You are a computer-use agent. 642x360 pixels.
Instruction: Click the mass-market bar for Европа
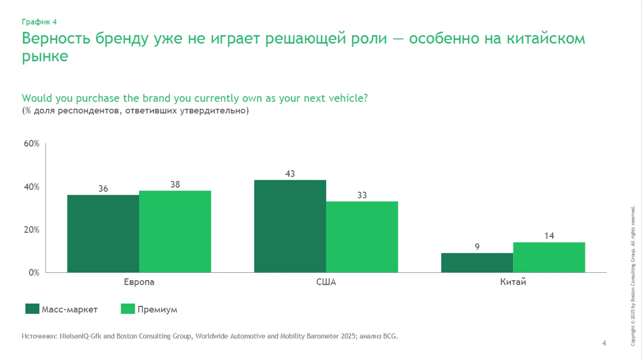coord(103,233)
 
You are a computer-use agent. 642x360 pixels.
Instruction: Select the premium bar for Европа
coord(175,231)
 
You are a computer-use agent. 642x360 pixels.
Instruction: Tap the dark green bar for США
coord(290,226)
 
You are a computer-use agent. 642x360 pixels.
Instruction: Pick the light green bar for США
coord(362,237)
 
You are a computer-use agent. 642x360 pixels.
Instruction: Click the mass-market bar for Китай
coord(477,263)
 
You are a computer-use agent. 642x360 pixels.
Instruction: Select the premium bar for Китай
coord(549,257)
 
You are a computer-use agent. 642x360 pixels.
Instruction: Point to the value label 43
coord(290,174)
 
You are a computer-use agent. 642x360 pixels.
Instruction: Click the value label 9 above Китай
coord(477,246)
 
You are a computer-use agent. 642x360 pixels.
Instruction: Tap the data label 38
coord(175,184)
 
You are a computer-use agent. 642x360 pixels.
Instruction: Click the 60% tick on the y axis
coord(31,144)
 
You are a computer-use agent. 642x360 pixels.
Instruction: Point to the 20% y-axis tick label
coord(31,230)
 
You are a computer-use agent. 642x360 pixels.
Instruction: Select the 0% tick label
coord(34,272)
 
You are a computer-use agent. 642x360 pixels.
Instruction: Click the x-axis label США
coord(326,282)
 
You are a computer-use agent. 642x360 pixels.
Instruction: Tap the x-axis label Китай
coord(513,282)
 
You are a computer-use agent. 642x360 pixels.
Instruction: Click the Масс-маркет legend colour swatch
coord(32,309)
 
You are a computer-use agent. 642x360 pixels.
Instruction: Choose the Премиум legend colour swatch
coord(128,309)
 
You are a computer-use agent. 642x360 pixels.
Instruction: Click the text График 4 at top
coord(39,22)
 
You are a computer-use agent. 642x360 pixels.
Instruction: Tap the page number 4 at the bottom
coord(604,343)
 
